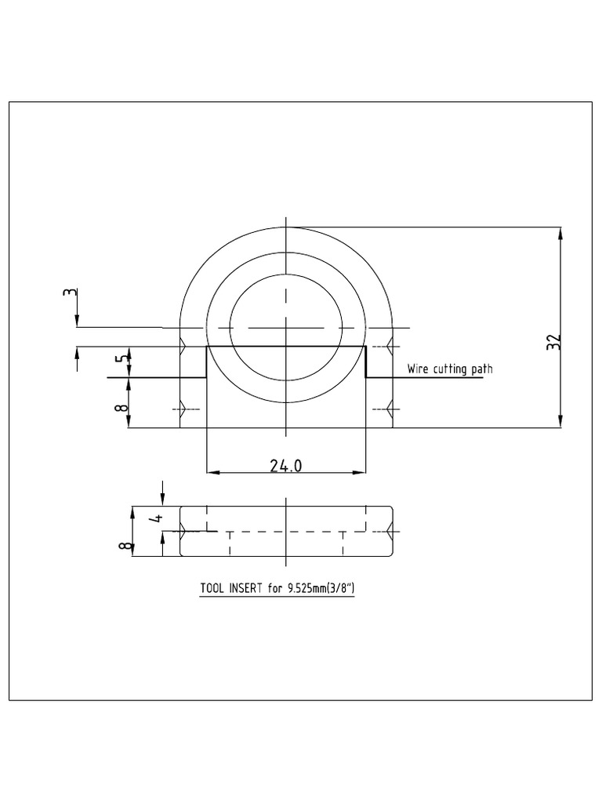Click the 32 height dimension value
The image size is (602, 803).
coord(554,342)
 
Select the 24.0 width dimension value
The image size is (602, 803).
coord(286,466)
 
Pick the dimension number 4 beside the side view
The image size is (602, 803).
coord(155,518)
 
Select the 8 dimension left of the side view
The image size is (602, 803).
coord(123,546)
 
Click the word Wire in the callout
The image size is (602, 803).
coord(417,369)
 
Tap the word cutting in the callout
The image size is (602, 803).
coord(452,369)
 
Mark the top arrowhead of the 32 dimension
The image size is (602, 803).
coord(560,233)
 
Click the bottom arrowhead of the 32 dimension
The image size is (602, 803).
coord(560,423)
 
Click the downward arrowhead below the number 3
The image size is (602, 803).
coord(77,322)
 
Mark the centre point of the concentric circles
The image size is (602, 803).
coord(286,327)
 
